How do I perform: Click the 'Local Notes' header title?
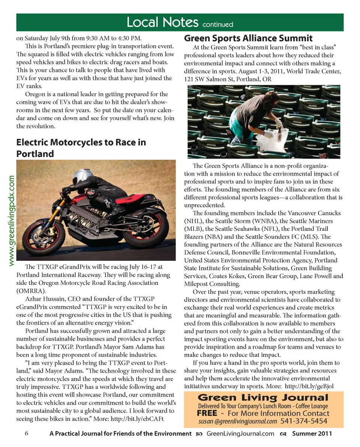(162, 22)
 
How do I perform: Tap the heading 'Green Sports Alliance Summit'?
(248, 38)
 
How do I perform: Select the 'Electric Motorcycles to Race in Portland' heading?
(81, 148)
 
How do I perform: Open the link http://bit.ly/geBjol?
(309, 386)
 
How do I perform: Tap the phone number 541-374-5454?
(304, 421)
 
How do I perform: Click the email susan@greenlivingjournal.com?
(238, 421)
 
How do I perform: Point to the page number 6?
(27, 434)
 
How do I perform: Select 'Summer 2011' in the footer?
(312, 434)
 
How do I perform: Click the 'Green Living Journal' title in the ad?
(263, 398)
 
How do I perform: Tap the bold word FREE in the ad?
(207, 413)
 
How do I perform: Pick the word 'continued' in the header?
(217, 25)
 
